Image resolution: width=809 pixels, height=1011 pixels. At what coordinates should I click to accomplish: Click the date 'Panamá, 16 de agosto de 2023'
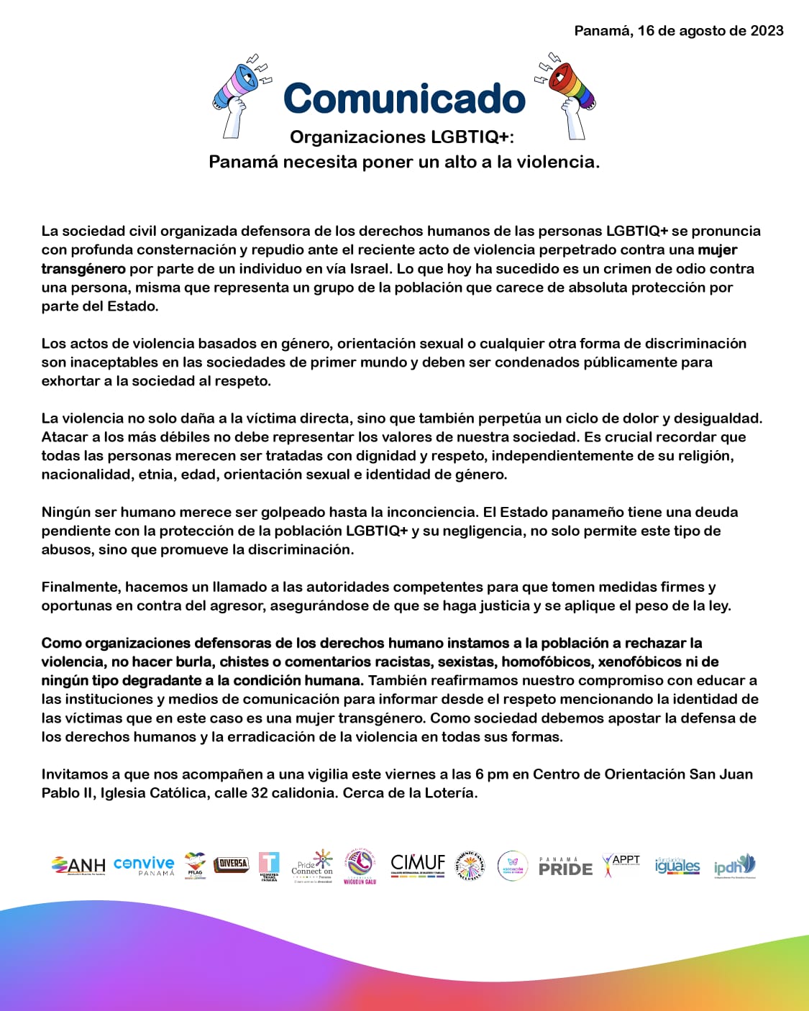(x=678, y=31)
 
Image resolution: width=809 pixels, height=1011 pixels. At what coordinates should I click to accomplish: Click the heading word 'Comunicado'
(x=404, y=99)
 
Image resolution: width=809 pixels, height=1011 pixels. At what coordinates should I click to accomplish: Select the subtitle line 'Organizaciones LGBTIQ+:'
(x=402, y=137)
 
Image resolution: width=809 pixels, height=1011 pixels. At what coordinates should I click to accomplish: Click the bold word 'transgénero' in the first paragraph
(x=83, y=269)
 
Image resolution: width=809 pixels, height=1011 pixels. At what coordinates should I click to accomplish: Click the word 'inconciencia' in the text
(x=431, y=512)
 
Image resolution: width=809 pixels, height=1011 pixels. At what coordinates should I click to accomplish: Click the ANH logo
(x=78, y=865)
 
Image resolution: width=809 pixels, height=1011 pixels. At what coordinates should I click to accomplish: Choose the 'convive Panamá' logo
(x=144, y=865)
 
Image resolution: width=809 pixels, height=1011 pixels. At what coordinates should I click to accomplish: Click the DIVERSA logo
(x=232, y=864)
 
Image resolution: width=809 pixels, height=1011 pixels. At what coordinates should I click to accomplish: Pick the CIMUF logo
(x=418, y=864)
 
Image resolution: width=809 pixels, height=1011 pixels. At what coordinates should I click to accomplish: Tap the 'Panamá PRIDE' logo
(x=565, y=866)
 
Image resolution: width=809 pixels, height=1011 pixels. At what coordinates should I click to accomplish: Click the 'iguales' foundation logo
(x=677, y=866)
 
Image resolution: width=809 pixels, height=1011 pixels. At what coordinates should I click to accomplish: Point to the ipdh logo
(x=734, y=865)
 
